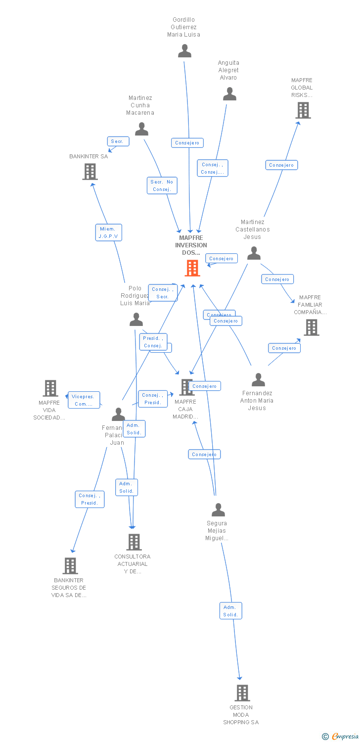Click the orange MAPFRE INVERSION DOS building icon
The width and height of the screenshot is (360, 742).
click(x=192, y=268)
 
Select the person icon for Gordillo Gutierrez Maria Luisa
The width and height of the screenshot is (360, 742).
click(x=184, y=51)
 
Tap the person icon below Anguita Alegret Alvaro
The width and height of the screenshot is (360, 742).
click(x=229, y=94)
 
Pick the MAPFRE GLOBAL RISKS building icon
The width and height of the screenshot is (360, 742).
click(x=303, y=110)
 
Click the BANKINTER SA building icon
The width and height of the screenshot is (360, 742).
click(x=90, y=172)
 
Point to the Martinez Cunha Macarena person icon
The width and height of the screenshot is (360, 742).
click(x=142, y=129)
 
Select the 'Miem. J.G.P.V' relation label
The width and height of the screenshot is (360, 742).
click(x=108, y=232)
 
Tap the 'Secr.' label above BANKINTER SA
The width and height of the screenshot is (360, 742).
click(x=118, y=141)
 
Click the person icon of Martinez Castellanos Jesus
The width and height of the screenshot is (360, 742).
click(x=254, y=253)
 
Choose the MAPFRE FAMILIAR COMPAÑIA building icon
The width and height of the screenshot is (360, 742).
click(x=311, y=327)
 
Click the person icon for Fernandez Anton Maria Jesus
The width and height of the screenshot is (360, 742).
click(x=258, y=380)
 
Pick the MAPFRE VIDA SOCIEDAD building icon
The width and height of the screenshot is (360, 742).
click(x=50, y=388)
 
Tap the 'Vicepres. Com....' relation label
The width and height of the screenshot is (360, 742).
click(x=84, y=400)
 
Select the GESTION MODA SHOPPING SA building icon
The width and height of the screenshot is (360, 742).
click(x=242, y=693)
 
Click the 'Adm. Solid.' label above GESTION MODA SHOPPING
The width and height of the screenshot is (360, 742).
click(x=230, y=611)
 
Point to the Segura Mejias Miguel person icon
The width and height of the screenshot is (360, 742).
click(x=218, y=510)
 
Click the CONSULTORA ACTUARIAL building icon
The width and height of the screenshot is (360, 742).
click(x=134, y=542)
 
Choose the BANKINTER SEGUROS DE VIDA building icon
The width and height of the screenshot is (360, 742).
click(x=70, y=565)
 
